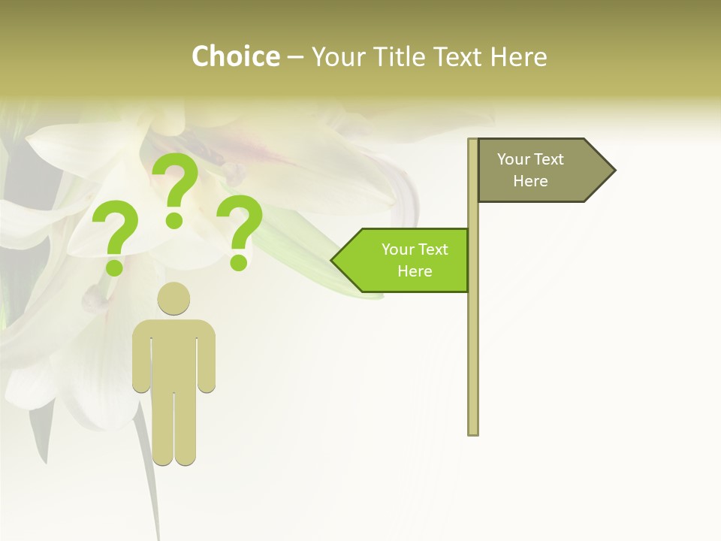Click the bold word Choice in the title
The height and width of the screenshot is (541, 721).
click(x=235, y=56)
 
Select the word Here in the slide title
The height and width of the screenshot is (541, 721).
click(x=518, y=56)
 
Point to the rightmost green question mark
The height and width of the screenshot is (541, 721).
click(x=240, y=231)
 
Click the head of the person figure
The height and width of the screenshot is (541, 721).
click(x=173, y=298)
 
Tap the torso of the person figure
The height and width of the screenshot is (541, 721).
click(x=173, y=353)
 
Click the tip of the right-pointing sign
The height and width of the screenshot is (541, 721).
click(x=614, y=170)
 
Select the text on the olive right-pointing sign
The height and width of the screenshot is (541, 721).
click(x=530, y=170)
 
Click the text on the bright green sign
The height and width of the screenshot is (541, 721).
click(x=415, y=260)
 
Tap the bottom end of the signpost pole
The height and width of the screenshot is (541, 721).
click(x=473, y=432)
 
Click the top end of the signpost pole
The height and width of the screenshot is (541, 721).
click(x=473, y=141)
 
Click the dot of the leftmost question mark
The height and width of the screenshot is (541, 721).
click(x=114, y=267)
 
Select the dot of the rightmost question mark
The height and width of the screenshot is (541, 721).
click(x=239, y=262)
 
